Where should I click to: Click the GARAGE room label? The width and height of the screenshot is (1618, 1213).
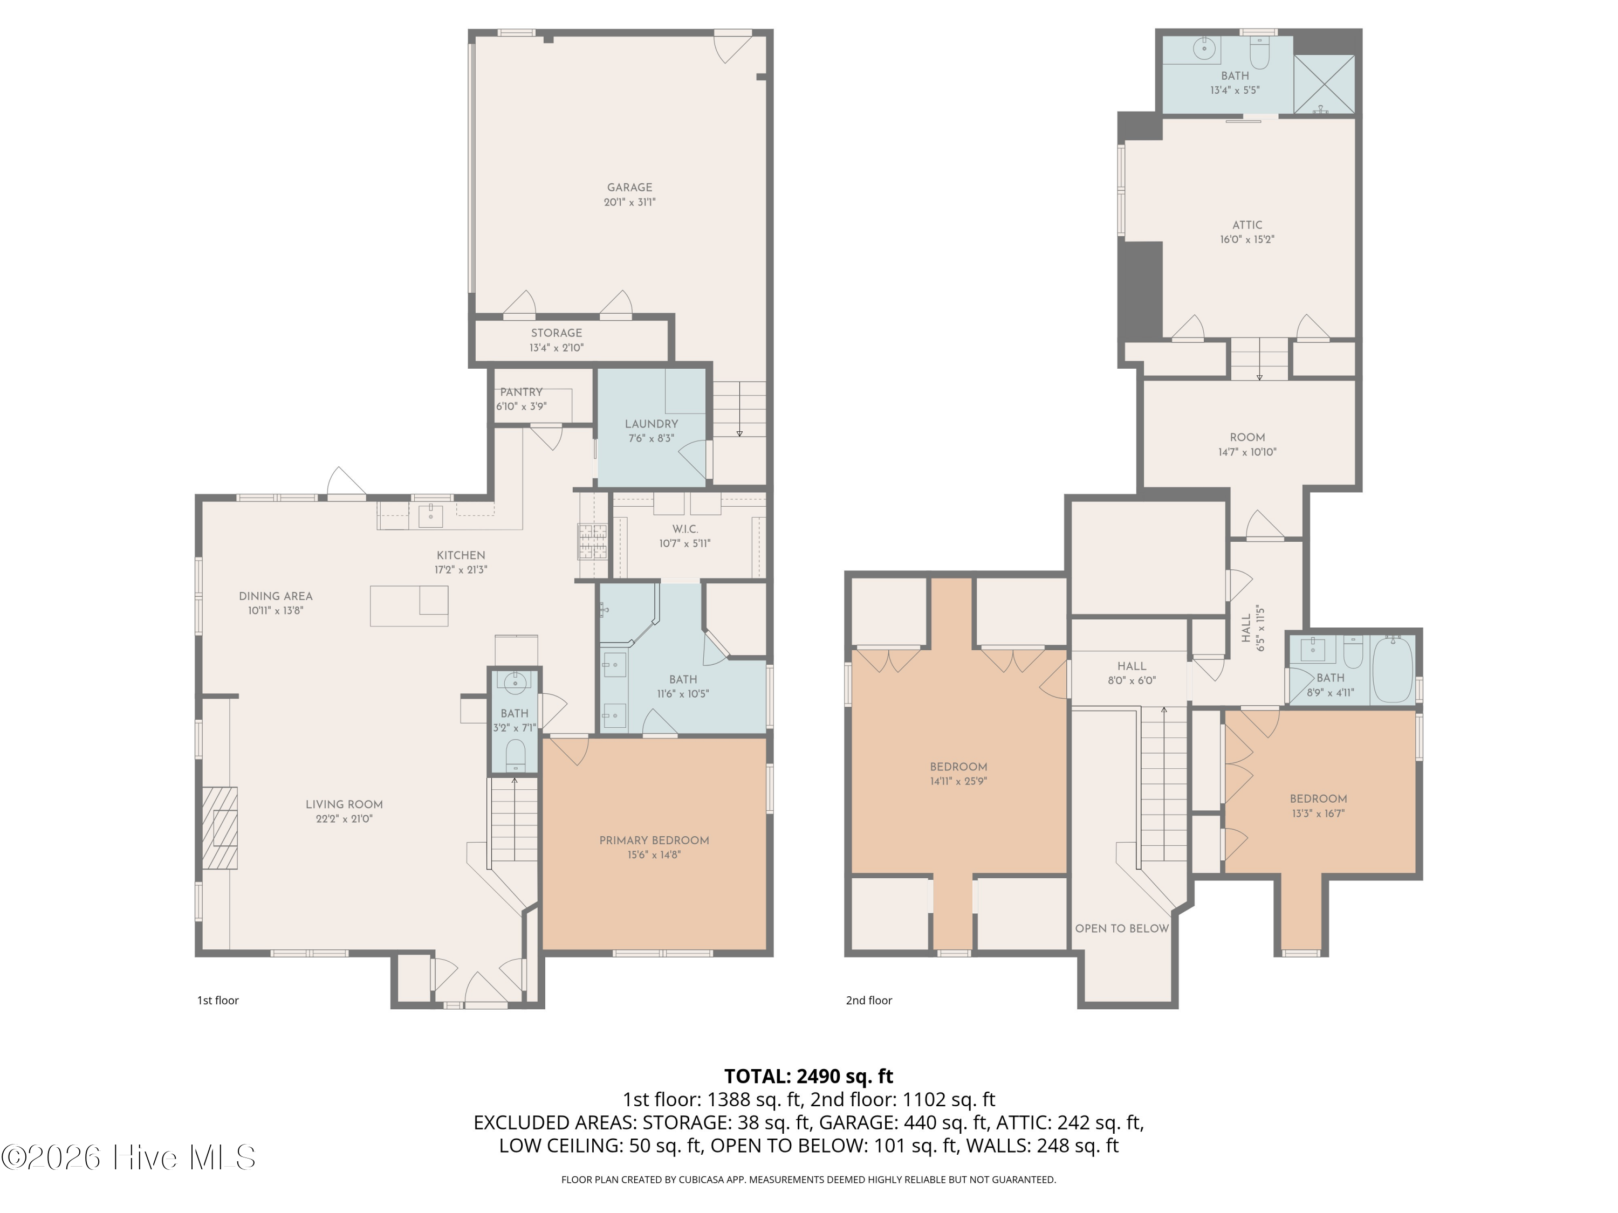[629, 187]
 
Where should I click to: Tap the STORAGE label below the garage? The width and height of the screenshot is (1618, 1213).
[556, 333]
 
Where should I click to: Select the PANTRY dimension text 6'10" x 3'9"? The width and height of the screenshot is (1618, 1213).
[522, 406]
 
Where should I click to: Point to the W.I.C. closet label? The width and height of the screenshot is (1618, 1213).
[684, 529]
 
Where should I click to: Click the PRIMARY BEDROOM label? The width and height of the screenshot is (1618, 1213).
[654, 840]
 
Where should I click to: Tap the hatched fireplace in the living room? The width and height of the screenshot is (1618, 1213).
[220, 828]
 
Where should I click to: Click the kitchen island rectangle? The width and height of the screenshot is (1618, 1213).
[409, 605]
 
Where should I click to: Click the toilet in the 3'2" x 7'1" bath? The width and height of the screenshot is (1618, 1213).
[515, 755]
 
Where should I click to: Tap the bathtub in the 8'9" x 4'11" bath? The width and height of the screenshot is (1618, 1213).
[1392, 669]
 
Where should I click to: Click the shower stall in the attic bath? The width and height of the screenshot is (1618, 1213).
[1324, 84]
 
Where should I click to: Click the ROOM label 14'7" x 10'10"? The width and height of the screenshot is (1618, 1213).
[1247, 437]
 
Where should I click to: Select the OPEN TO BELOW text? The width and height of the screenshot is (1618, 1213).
[1121, 928]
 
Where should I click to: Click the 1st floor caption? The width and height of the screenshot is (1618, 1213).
[218, 1000]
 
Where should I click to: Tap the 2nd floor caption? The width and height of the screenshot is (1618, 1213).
[869, 1000]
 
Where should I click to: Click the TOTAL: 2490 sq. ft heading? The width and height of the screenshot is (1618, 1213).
[808, 1076]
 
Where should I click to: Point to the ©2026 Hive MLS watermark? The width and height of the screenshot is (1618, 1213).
[129, 1157]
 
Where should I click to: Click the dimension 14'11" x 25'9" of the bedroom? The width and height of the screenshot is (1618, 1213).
[958, 781]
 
